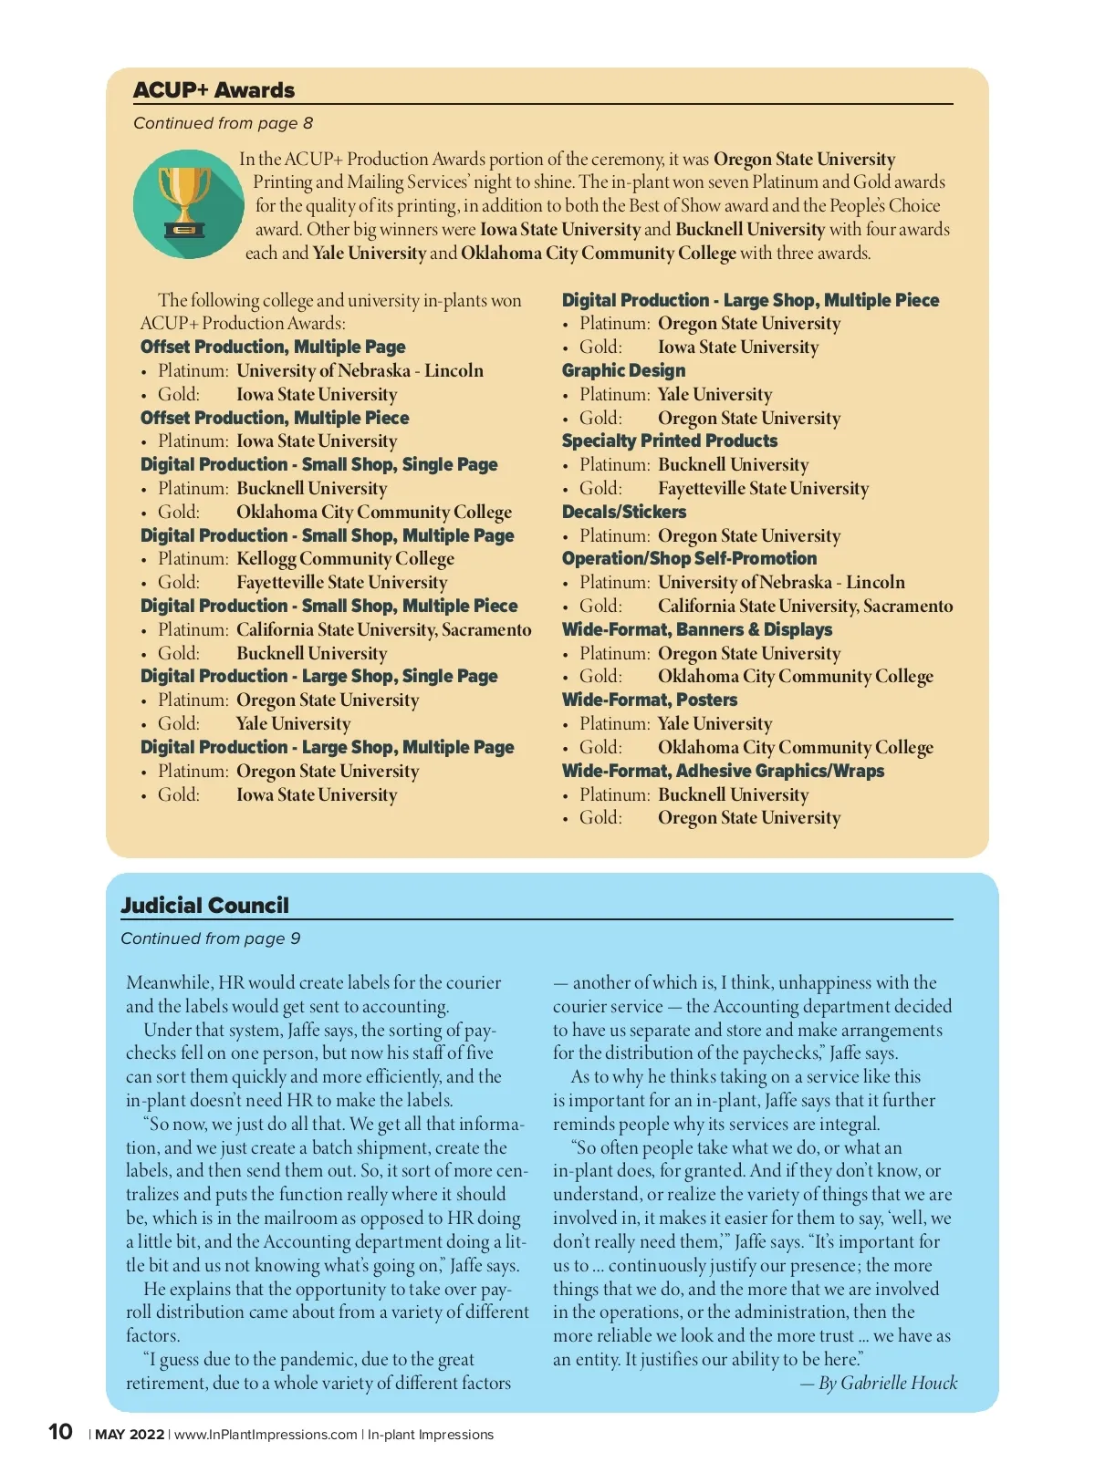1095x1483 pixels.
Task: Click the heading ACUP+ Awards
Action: pos(214,90)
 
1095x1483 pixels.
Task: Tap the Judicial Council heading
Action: pos(204,906)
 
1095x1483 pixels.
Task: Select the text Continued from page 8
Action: pos(223,123)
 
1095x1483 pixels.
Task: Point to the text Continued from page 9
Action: pos(210,939)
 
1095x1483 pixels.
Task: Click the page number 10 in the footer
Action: pos(60,1432)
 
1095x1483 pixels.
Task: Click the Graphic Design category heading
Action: pos(623,370)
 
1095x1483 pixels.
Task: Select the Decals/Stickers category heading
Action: pos(624,512)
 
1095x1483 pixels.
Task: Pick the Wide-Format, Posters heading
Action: pos(650,700)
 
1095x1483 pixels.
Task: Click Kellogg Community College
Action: pos(345,558)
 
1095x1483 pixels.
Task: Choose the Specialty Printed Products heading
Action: pos(670,441)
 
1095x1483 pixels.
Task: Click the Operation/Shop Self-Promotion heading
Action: pos(689,558)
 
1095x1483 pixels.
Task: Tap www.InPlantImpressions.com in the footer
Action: pos(266,1435)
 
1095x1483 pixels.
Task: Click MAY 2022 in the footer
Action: pos(130,1435)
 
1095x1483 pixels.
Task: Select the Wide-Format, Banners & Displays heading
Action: pos(697,629)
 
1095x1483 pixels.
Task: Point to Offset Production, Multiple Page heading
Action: pos(273,347)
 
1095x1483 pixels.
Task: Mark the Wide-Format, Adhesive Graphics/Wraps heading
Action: pos(723,771)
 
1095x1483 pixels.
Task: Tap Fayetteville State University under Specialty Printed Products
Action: pos(763,488)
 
